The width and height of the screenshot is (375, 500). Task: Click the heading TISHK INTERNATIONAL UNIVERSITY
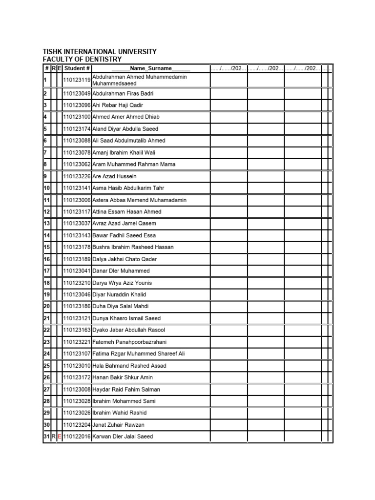tap(100, 51)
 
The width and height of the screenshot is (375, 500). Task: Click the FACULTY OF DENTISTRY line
tap(82, 59)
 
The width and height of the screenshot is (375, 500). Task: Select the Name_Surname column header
tap(150, 68)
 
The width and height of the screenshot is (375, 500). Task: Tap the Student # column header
tap(77, 68)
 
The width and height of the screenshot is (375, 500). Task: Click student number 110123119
tap(77, 80)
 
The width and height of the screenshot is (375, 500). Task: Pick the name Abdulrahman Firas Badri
tap(123, 93)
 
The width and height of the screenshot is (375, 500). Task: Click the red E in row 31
tap(60, 437)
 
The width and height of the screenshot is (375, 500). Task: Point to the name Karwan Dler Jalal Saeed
tap(123, 437)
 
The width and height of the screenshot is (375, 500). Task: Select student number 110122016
tap(77, 437)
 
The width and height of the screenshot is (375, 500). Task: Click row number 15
tap(47, 247)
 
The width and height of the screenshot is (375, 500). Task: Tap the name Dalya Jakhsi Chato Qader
tap(125, 259)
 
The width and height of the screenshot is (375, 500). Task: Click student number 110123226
tap(77, 176)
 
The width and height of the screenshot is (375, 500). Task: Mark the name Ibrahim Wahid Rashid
tap(119, 413)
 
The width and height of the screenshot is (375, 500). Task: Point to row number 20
tap(47, 307)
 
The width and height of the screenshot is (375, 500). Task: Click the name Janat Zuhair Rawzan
tap(118, 425)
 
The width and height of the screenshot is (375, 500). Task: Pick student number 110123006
tap(77, 200)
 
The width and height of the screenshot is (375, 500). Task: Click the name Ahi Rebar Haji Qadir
tap(118, 105)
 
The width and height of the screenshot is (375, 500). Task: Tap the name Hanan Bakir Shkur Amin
tap(123, 377)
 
